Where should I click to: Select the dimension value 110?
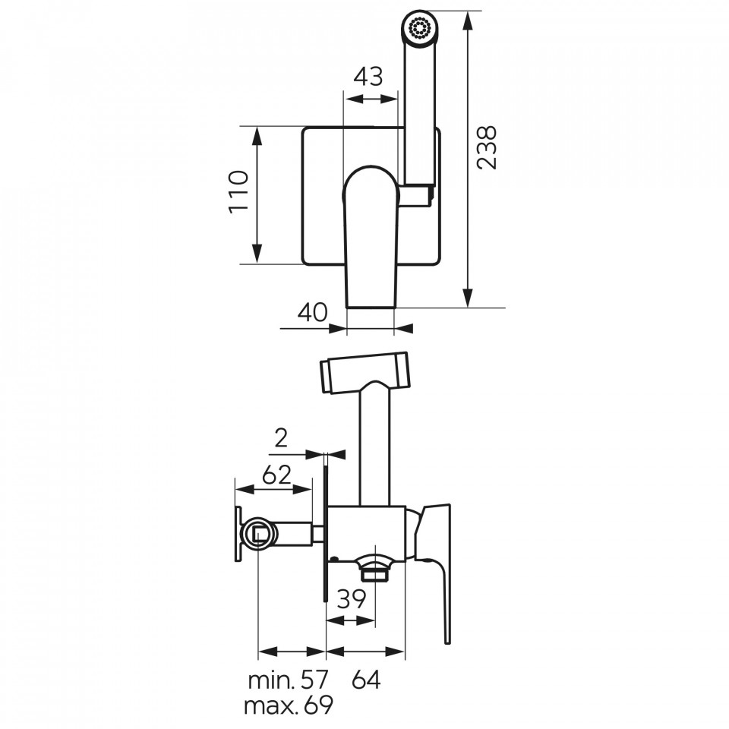(x=239, y=192)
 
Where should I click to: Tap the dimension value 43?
(x=368, y=77)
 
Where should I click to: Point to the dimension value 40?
(x=312, y=312)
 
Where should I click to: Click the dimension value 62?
(x=276, y=475)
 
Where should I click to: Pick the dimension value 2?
(x=281, y=437)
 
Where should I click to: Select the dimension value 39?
(x=352, y=599)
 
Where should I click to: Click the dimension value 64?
(x=366, y=680)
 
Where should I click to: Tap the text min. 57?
(x=289, y=680)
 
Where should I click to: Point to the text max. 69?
(x=289, y=705)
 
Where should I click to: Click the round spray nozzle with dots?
(x=420, y=27)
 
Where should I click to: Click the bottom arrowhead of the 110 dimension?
(x=257, y=254)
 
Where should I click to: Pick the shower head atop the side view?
(x=364, y=372)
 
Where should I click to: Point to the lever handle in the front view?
(x=371, y=236)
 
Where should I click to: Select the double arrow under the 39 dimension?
(x=351, y=620)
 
